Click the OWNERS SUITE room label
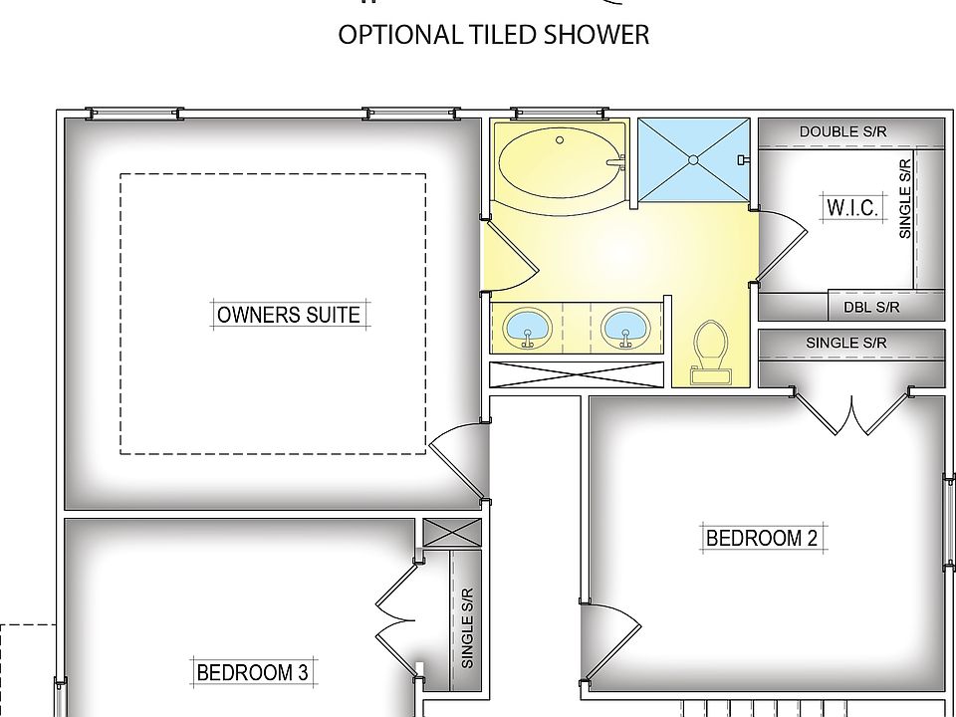[289, 315]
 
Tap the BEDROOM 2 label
[762, 539]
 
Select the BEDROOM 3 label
[252, 672]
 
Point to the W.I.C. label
[852, 208]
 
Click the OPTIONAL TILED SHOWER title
[493, 35]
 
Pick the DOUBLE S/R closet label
[842, 131]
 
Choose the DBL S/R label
[871, 308]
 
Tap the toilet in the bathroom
[710, 353]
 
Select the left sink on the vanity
[528, 328]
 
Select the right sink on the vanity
[625, 328]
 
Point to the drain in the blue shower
[693, 159]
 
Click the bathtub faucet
[615, 162]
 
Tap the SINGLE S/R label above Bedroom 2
[846, 343]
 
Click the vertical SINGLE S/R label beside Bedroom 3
[468, 628]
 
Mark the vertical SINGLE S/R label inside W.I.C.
[905, 199]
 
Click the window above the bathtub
[560, 113]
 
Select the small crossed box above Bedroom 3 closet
[452, 532]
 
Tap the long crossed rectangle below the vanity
[577, 374]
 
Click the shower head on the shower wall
[744, 159]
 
